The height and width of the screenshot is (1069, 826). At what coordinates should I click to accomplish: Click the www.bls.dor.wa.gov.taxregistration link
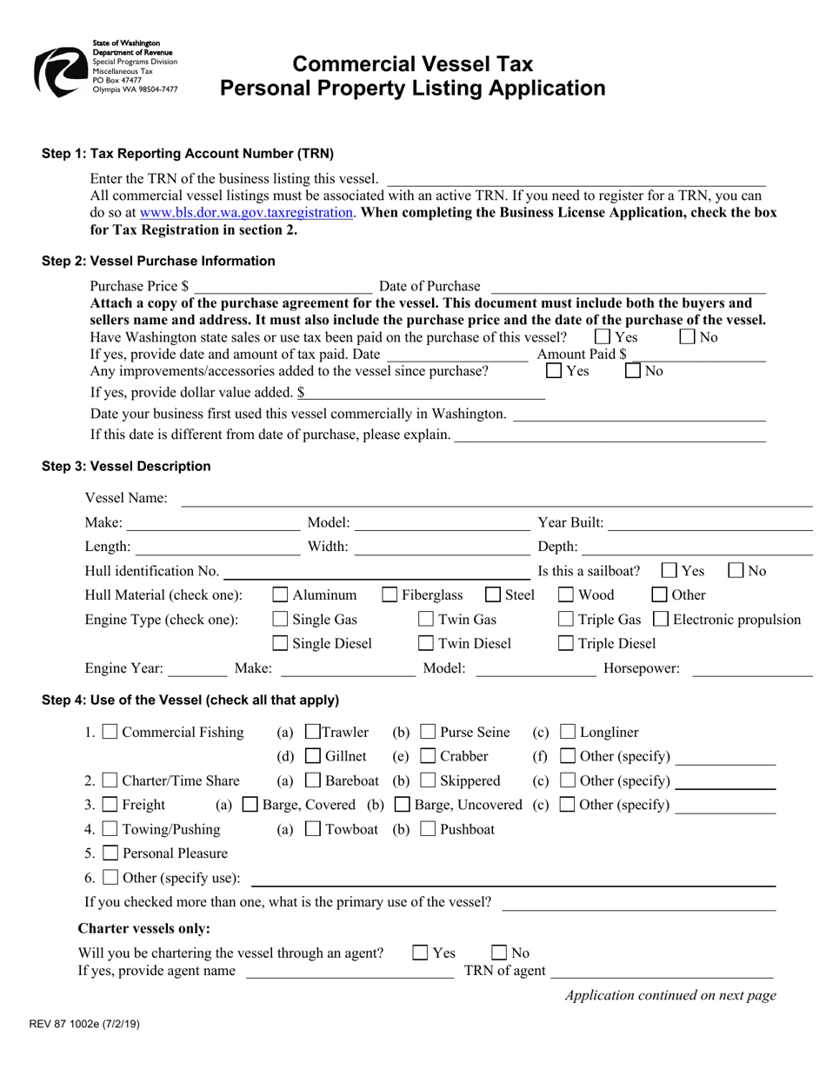tap(246, 212)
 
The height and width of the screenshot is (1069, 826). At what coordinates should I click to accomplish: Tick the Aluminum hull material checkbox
tap(281, 595)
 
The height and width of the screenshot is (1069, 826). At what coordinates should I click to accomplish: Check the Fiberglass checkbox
tap(390, 595)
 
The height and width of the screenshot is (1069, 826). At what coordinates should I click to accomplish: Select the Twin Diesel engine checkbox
tap(426, 644)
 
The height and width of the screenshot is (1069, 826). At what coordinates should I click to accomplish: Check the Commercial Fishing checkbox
tap(110, 733)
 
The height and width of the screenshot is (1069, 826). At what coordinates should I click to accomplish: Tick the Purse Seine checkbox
tap(428, 733)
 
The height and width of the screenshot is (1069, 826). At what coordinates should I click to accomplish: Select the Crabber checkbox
tap(428, 757)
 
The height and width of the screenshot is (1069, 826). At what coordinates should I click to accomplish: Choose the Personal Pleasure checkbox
tap(110, 853)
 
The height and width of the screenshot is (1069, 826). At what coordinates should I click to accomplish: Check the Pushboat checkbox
tap(428, 830)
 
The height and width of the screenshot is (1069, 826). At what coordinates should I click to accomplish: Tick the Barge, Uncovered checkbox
tap(403, 806)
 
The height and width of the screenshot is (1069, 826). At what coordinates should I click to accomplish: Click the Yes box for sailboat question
tap(669, 571)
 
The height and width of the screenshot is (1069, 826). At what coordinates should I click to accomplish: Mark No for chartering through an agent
tap(501, 953)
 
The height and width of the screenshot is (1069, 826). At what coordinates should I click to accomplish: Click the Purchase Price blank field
tap(283, 286)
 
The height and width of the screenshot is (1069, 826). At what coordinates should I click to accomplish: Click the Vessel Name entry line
tap(496, 498)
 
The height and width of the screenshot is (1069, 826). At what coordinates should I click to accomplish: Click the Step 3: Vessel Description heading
tap(127, 467)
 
